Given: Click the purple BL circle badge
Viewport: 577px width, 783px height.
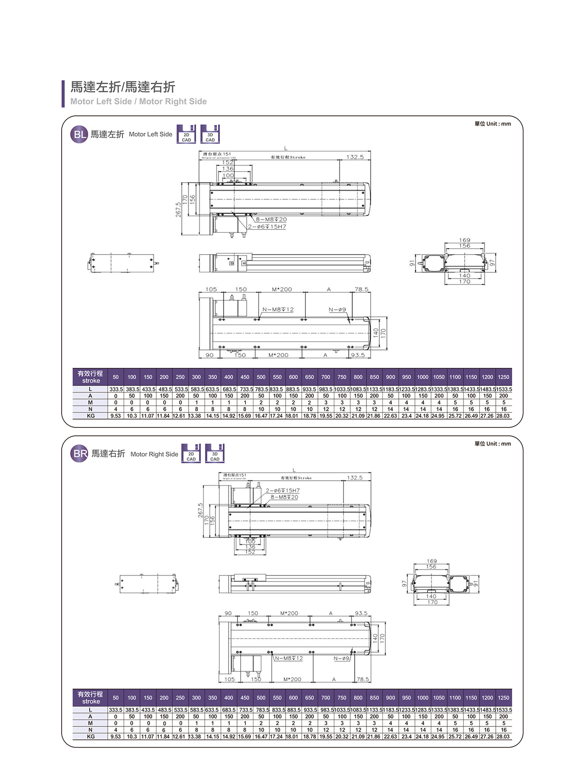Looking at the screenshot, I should (x=79, y=135).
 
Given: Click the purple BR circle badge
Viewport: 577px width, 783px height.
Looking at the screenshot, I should (x=79, y=454).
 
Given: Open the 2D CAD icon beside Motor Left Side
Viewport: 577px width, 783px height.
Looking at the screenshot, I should (x=186, y=135).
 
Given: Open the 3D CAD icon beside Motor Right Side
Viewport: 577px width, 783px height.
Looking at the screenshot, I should (x=215, y=454).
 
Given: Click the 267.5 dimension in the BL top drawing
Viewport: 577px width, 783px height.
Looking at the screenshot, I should (x=178, y=209).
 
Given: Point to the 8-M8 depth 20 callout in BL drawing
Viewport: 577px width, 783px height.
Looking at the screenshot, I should (x=271, y=219).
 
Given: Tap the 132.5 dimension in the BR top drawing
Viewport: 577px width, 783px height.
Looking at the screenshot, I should (x=355, y=477).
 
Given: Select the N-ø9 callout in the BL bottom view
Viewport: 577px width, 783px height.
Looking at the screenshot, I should (x=337, y=309).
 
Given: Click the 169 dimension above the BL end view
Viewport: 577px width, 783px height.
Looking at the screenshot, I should (x=464, y=240).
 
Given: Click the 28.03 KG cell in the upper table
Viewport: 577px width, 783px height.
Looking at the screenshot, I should (x=503, y=416).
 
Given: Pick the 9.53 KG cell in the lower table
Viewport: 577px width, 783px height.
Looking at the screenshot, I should (x=115, y=737).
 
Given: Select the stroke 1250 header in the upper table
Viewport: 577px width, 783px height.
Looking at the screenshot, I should (x=503, y=377).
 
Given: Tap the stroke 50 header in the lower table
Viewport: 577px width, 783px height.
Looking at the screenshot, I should (x=116, y=698).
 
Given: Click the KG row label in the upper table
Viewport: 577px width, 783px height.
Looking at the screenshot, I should (x=91, y=416).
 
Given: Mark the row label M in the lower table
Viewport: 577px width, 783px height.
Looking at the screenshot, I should (x=91, y=723).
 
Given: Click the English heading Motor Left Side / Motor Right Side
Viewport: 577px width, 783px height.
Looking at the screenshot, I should (x=138, y=101).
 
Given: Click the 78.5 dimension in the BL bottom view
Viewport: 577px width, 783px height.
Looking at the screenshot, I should (x=361, y=290).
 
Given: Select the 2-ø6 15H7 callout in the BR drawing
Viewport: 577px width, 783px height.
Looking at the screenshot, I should (x=282, y=491).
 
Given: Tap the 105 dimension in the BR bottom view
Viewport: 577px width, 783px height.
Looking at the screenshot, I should (x=230, y=679).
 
